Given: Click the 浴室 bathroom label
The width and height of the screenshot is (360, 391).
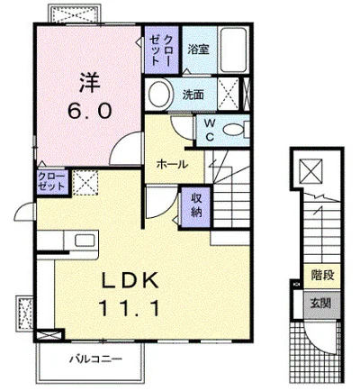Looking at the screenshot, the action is tap(198, 50).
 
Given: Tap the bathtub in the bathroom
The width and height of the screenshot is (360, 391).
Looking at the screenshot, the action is tap(233, 50).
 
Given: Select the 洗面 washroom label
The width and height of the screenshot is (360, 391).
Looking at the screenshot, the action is tap(193, 95).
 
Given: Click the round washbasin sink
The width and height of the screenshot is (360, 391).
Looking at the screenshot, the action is tap(160, 94).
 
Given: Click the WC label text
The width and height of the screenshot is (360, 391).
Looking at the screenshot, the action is tap(210, 130).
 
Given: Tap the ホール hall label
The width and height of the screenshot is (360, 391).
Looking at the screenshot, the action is tap(172, 164).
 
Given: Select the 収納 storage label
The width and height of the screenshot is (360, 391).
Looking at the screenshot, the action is tap(196, 205).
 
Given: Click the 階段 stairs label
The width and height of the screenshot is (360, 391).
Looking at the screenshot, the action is tap(322, 275).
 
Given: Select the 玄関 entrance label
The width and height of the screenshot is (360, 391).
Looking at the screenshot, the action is tap(320, 304).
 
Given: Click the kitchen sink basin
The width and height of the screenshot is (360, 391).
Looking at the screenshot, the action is tap(85, 241).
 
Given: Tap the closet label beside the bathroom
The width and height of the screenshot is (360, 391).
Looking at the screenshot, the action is tap(161, 50).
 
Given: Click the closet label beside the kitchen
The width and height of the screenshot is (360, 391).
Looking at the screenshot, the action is tap(51, 182).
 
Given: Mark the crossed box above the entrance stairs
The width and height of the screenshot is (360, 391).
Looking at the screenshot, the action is tap(311, 170).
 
